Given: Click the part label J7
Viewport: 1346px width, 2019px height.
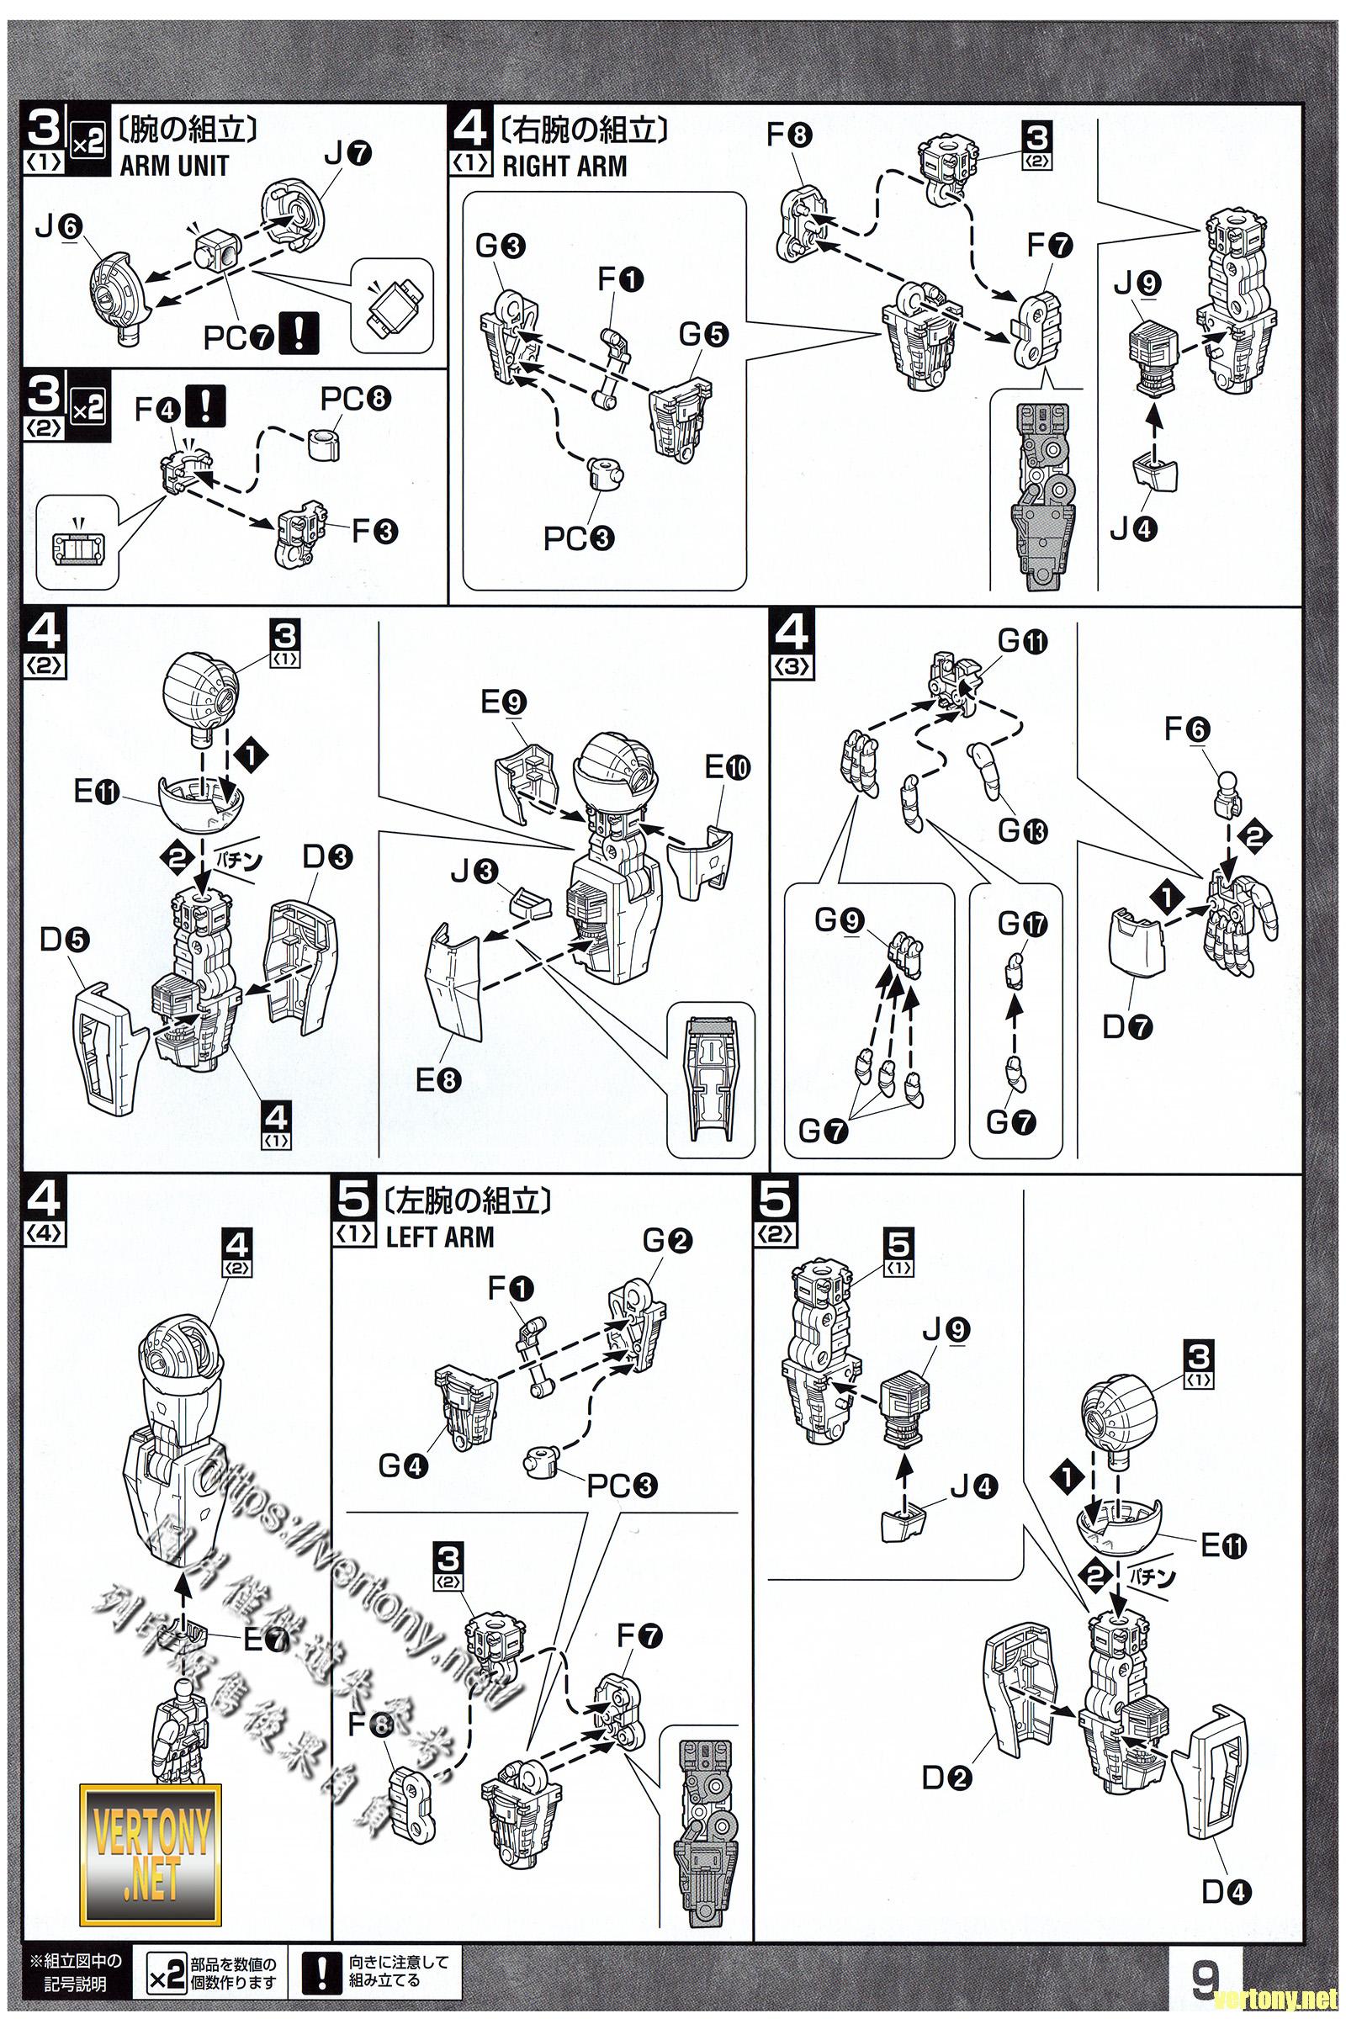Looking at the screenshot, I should coord(347,154).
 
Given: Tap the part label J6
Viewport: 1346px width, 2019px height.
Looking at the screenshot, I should coord(58,225).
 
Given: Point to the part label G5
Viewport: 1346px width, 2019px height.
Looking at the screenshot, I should coord(703,335).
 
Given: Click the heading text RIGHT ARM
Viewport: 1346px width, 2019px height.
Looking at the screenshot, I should coord(564,166).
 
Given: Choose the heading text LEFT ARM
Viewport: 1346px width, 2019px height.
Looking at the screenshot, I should coord(439,1237).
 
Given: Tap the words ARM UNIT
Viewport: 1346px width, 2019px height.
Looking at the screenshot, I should coord(174,166).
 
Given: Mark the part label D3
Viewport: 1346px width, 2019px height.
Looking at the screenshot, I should coord(328,856).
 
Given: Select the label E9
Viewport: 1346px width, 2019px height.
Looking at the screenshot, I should coord(502,703).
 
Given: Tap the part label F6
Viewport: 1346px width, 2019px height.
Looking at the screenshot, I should coord(1187,729).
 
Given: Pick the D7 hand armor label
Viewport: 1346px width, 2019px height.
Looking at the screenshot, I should coord(1126,1026).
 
